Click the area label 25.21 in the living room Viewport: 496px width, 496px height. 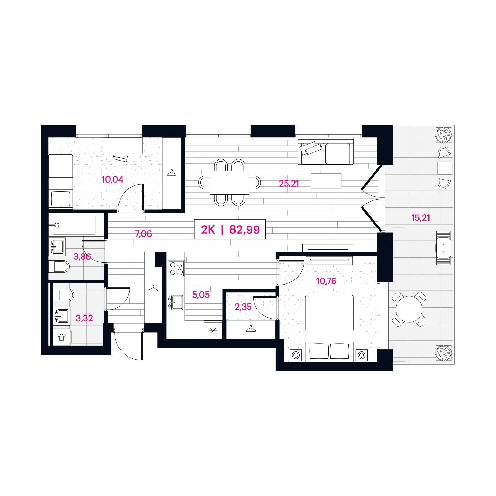coord(289,184)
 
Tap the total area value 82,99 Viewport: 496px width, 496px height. coord(244,229)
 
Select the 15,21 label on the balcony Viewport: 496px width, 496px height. coord(420,218)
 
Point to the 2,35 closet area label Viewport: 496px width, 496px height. coord(243,307)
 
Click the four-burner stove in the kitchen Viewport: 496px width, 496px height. coord(176,268)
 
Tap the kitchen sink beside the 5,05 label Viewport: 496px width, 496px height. coord(175,302)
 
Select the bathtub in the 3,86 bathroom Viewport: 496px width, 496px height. coord(74,225)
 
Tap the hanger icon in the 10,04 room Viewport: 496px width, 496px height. coord(172,173)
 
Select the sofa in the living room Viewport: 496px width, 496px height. coord(325,152)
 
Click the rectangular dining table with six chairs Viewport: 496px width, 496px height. coord(230,183)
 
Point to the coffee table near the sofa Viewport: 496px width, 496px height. coord(326,181)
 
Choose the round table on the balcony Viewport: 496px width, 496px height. coord(409,309)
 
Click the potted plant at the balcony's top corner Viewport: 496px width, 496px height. coord(444,135)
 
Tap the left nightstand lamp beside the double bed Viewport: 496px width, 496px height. coord(296,355)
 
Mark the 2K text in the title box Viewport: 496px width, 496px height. coord(208,230)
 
